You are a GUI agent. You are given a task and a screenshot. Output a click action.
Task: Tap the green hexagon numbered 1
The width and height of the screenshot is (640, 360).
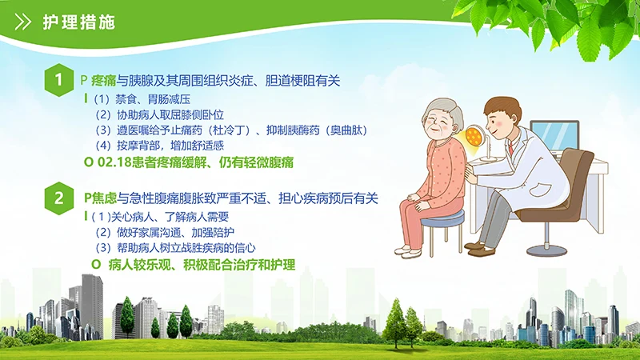58,79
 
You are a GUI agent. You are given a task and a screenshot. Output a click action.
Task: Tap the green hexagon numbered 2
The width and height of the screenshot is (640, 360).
58,198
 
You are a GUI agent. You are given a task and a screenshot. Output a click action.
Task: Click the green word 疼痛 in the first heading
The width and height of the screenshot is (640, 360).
104,80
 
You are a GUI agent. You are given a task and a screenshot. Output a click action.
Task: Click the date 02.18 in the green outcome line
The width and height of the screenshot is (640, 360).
113,162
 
